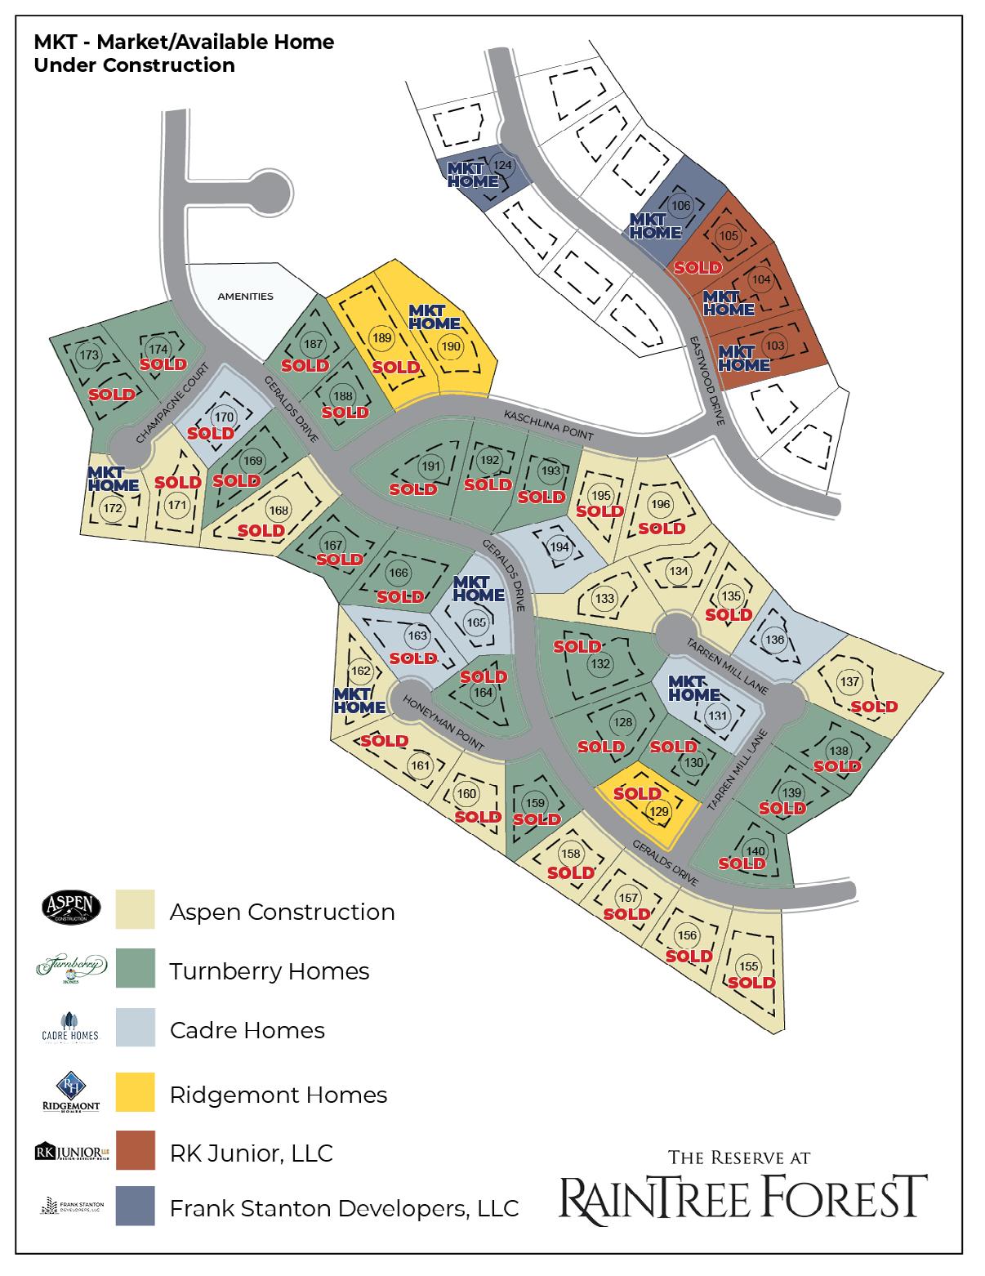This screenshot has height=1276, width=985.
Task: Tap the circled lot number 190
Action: pyautogui.click(x=451, y=346)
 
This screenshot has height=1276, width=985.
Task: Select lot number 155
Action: pyautogui.click(x=748, y=966)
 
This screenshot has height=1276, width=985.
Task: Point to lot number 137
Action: pyautogui.click(x=850, y=682)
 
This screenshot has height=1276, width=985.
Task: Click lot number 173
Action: pyautogui.click(x=90, y=355)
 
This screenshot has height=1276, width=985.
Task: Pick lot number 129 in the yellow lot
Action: pyautogui.click(x=658, y=811)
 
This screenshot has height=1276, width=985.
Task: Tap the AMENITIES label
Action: pyautogui.click(x=245, y=297)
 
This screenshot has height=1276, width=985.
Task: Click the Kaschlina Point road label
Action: pyautogui.click(x=547, y=426)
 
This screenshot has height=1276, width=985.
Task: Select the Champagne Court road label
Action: pyautogui.click(x=169, y=404)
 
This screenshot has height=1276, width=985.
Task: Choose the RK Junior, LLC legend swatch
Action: pyautogui.click(x=135, y=1152)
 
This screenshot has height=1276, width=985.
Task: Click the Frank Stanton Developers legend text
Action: pyautogui.click(x=344, y=1207)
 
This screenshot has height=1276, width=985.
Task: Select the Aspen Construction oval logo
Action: pyautogui.click(x=71, y=907)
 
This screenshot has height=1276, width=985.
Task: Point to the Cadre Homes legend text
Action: pyautogui.click(x=247, y=1030)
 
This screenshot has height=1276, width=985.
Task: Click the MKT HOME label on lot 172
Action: pyautogui.click(x=105, y=479)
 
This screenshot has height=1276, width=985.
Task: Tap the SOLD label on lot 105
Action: pyautogui.click(x=698, y=267)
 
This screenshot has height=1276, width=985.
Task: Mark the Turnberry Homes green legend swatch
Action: pyautogui.click(x=135, y=969)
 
